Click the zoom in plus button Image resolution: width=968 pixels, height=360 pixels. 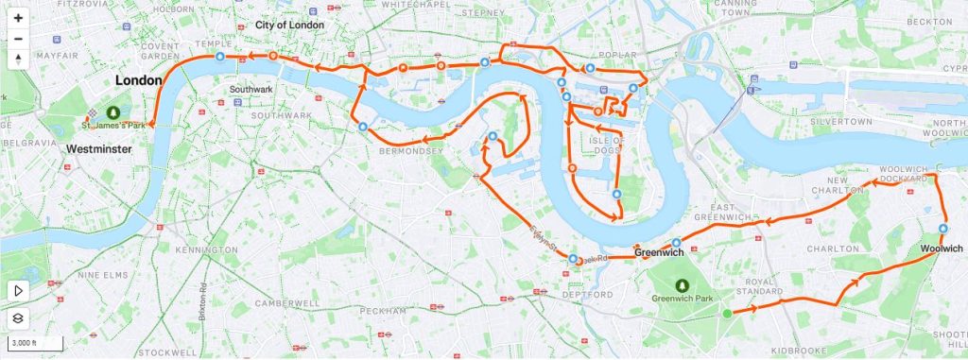click(18, 18)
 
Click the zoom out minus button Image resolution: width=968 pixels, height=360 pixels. click(18, 39)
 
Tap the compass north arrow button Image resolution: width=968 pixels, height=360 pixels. click(18, 60)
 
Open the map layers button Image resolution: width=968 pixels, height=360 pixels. click(18, 318)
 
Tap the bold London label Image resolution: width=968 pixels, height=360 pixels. click(138, 81)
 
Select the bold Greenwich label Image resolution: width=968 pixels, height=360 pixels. click(658, 253)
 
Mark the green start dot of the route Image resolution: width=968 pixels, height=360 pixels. click(727, 313)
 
